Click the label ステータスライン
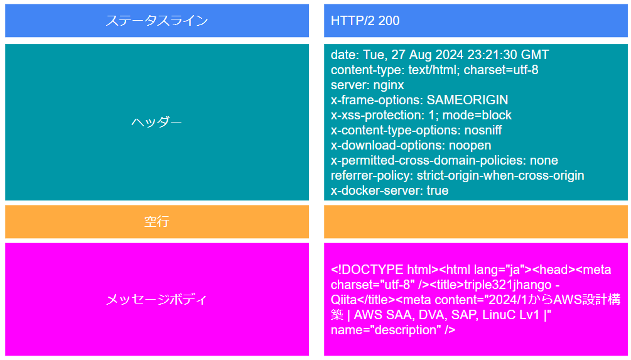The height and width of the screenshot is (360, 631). tap(156, 21)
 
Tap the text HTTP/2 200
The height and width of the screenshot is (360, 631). tap(365, 21)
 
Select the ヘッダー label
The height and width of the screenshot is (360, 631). tap(156, 122)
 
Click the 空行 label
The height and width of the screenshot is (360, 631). tap(156, 222)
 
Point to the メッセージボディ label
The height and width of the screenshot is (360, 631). tap(156, 299)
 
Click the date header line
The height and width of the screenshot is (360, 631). tap(440, 55)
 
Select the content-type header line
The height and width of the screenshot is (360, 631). tap(434, 70)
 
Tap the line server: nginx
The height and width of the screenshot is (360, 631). tap(367, 85)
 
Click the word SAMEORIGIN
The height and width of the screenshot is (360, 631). tap(467, 100)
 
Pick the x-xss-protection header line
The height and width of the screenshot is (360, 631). tap(421, 115)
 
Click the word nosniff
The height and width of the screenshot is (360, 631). tap(483, 130)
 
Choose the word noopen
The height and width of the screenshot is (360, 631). tap(470, 145)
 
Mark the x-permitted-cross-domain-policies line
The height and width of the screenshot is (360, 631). tap(445, 160)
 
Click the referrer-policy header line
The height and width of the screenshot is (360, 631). tap(458, 175)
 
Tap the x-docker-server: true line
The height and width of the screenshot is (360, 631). tap(389, 190)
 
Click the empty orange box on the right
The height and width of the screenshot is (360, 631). tap(476, 222)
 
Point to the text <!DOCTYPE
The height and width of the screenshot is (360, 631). tap(367, 270)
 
